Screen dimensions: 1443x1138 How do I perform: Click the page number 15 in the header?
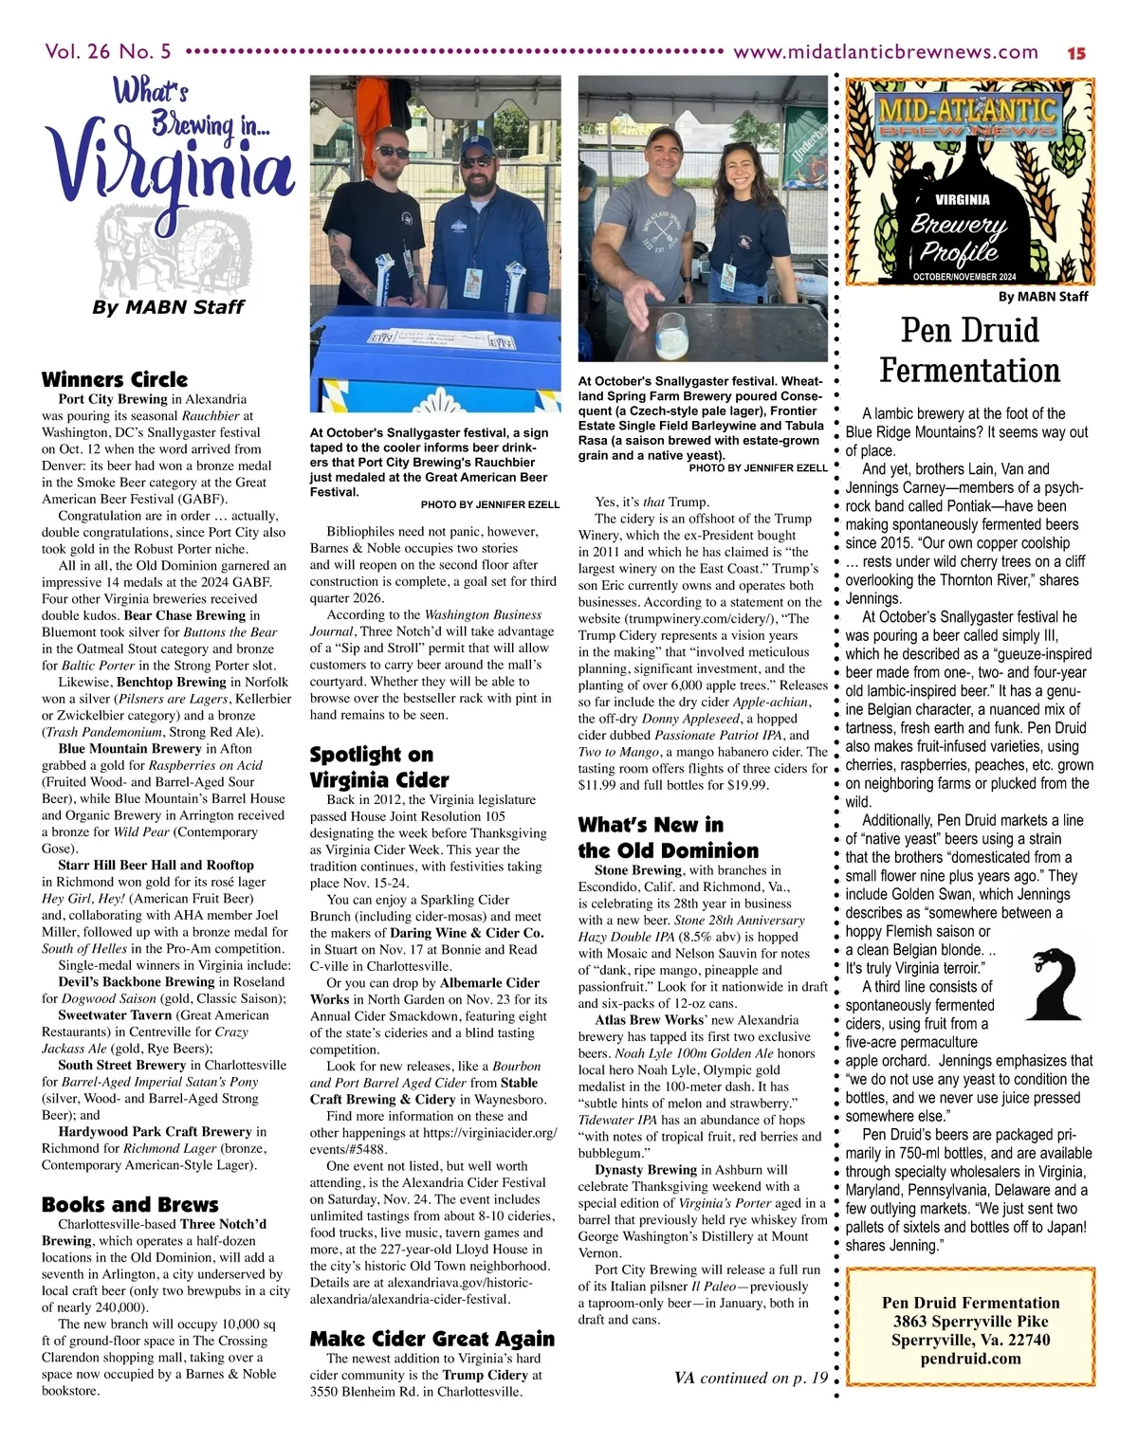1075,53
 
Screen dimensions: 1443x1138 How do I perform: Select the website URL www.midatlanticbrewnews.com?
886,52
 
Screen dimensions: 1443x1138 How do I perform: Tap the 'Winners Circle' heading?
115,379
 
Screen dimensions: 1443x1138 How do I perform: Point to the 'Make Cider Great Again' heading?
431,1338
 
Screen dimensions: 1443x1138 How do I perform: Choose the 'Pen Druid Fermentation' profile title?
969,349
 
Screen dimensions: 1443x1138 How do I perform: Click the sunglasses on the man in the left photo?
391,152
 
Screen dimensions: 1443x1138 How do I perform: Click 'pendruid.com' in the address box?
970,1358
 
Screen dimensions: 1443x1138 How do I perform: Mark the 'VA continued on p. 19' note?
751,1378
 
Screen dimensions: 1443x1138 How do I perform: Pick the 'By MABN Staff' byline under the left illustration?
168,306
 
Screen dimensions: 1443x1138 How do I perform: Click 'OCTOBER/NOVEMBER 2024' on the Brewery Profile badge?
964,276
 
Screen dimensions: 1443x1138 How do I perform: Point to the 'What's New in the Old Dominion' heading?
669,837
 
